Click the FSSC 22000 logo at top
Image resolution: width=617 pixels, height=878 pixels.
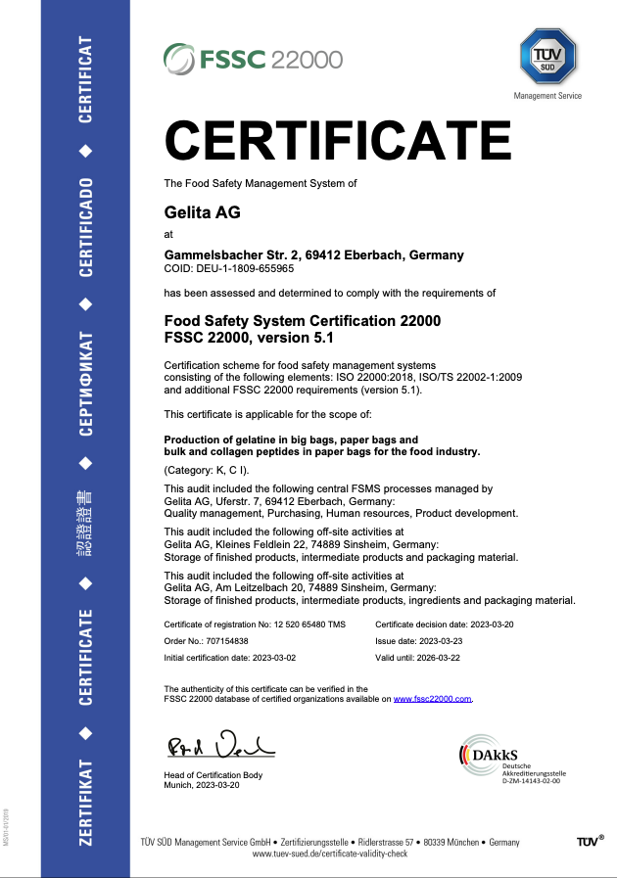[x=253, y=58]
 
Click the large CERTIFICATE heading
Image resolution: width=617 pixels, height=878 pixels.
[x=338, y=139]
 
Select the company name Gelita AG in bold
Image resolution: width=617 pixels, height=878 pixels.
[x=202, y=212]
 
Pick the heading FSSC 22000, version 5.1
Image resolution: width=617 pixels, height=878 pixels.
[x=249, y=338]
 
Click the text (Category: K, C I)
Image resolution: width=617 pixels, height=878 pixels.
[x=207, y=472]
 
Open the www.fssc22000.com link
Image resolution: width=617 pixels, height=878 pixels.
[x=433, y=699]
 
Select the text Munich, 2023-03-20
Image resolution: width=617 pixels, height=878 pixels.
[x=205, y=785]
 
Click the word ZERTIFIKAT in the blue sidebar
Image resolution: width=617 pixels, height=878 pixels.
[x=86, y=800]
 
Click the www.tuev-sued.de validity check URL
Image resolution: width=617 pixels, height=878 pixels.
[x=330, y=855]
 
